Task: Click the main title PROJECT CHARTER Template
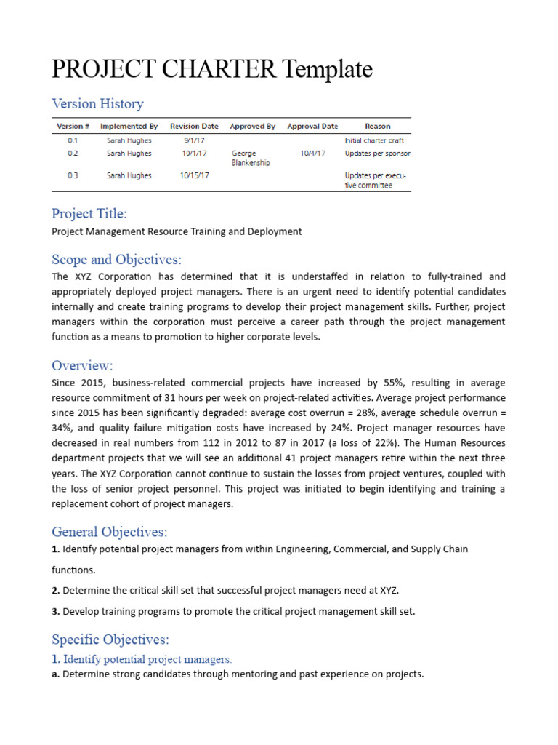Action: tap(212, 70)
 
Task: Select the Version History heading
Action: tap(97, 104)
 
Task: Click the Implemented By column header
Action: tap(129, 127)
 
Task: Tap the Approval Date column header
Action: tap(312, 127)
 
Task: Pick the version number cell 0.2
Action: tap(73, 154)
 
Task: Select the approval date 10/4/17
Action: tap(312, 154)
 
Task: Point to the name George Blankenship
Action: tap(251, 158)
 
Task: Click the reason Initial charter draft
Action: tap(374, 140)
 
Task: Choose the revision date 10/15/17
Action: tap(194, 175)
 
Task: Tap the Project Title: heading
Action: tap(89, 213)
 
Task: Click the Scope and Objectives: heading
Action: tap(116, 260)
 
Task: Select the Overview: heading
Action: tap(82, 365)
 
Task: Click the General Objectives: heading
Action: tap(109, 532)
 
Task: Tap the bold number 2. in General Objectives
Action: tap(55, 590)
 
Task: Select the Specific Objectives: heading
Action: tap(110, 640)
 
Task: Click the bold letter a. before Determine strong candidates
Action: tap(55, 674)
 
